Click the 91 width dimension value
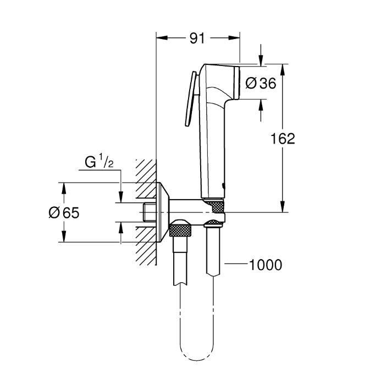pyautogui.click(x=197, y=38)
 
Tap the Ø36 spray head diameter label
pyautogui.click(x=261, y=84)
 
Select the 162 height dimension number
pyautogui.click(x=283, y=139)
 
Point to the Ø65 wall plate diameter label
pyautogui.click(x=64, y=213)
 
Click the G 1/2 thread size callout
pyautogui.click(x=99, y=162)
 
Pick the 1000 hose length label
pyautogui.click(x=266, y=265)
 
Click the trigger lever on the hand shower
pyautogui.click(x=191, y=98)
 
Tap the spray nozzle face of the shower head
pyautogui.click(x=237, y=83)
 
